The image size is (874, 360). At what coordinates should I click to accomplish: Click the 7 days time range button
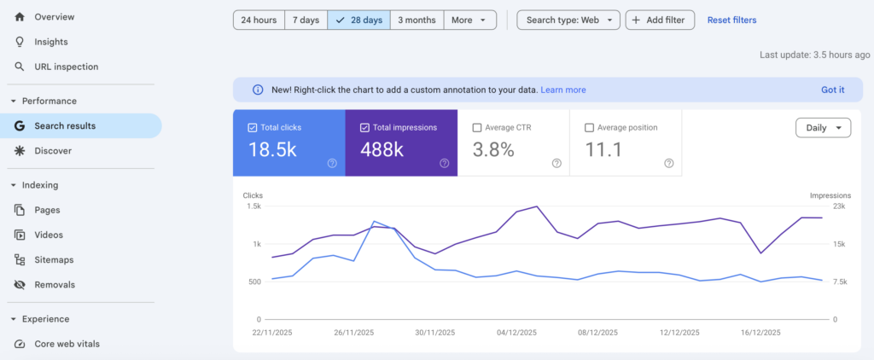[x=306, y=20]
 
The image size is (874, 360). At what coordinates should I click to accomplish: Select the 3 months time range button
[x=417, y=20]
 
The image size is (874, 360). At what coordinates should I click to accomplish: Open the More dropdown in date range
[x=470, y=20]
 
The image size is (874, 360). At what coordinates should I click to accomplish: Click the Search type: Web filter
[x=568, y=20]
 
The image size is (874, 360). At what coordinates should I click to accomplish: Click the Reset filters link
[x=731, y=20]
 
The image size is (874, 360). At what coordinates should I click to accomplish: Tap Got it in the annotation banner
[x=833, y=90]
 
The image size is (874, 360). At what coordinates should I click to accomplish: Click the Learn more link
[x=563, y=90]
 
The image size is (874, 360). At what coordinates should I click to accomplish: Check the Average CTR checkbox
[x=476, y=128]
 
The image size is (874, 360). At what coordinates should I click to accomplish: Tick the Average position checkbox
[x=589, y=128]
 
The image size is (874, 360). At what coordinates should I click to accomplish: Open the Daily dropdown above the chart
[x=823, y=128]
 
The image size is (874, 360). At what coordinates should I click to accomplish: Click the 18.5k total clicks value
[x=272, y=150]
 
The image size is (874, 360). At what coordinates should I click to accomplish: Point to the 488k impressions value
[x=382, y=150]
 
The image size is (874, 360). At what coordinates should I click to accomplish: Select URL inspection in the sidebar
[x=66, y=67]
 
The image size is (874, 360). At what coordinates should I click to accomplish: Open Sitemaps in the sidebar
[x=54, y=259]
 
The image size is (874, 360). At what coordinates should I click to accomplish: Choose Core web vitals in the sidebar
[x=67, y=344]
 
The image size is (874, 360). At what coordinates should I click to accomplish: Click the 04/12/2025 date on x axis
[x=516, y=333]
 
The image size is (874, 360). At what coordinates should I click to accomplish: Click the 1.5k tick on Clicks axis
[x=254, y=206]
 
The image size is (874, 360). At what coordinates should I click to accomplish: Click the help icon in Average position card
[x=669, y=163]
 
